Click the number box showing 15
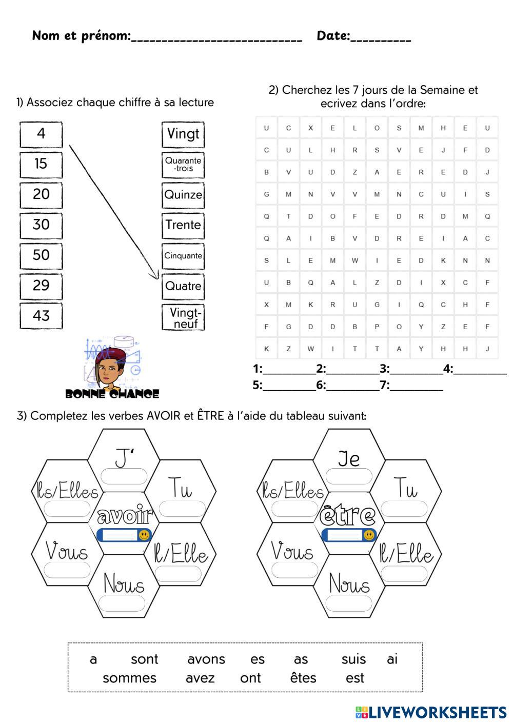tap(41, 164)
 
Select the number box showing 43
tap(41, 316)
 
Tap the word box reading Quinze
tap(183, 195)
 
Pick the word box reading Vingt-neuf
tap(183, 318)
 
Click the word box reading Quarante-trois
tap(183, 165)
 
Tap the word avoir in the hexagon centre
tap(125, 515)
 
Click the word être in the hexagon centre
tap(348, 515)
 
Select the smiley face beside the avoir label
tap(144, 535)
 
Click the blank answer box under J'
tap(124, 476)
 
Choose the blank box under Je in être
tap(349, 476)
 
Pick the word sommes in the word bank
tap(129, 678)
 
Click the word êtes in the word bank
tap(303, 678)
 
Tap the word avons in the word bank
tap(206, 659)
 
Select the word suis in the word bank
tap(353, 659)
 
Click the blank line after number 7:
tap(416, 386)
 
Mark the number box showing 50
tap(41, 255)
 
